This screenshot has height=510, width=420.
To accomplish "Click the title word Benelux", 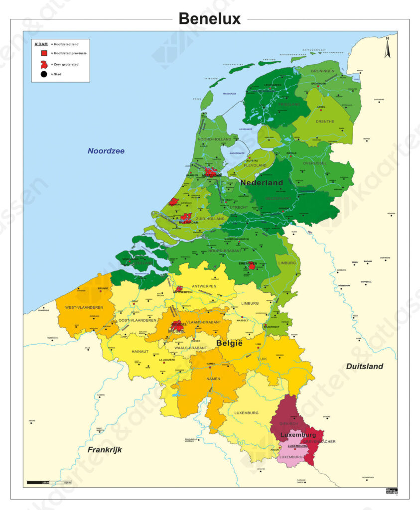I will point(209,18).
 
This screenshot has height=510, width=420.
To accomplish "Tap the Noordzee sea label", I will point(106,151).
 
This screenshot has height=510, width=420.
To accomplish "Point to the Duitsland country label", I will point(365,366).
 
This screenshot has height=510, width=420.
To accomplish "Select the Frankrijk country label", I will point(105,449).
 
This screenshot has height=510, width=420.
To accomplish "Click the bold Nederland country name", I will point(262,182).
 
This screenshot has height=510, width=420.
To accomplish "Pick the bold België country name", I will point(229,343).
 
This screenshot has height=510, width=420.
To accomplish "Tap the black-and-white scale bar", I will point(49,482).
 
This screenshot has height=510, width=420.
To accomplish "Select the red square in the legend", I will point(44,53).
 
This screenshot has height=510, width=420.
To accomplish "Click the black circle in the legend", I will point(44,74).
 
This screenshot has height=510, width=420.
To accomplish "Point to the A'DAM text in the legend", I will point(41,44).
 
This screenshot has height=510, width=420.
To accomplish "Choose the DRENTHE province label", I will point(325,122).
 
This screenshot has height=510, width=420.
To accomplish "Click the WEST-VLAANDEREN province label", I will point(84,307).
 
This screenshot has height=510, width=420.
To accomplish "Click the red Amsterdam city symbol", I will point(211,172).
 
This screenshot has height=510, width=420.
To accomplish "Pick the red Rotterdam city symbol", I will point(185,218).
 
